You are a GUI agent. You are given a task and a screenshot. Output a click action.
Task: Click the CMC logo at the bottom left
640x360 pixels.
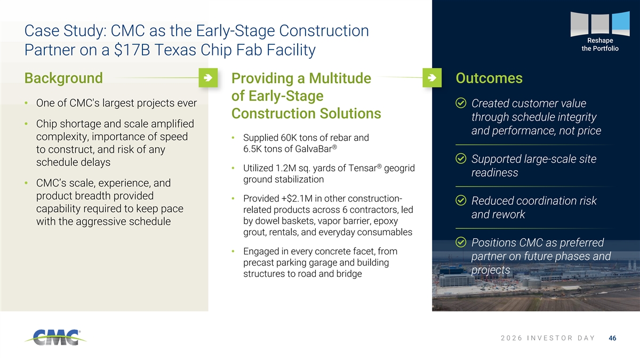(x=55, y=338)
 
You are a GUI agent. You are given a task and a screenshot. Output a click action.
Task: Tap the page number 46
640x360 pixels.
(x=612, y=338)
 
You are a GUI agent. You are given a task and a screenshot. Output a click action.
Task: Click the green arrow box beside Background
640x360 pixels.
(x=208, y=78)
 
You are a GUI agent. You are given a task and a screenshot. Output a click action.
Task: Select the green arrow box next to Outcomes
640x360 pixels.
(x=432, y=78)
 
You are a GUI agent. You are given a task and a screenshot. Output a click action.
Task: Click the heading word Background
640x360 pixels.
(x=63, y=78)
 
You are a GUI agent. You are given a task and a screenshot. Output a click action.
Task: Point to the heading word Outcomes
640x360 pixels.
(x=489, y=78)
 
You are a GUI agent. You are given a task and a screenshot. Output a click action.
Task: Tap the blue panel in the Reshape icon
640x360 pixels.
(x=621, y=23)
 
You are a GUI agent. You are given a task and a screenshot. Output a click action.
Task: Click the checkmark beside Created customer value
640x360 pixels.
(x=461, y=103)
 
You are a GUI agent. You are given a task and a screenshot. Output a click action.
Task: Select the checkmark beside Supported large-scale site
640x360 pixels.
(x=461, y=158)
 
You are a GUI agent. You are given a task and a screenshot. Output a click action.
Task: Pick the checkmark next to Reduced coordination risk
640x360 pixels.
(x=461, y=201)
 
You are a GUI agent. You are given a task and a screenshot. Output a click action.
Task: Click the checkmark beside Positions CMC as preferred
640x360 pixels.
(x=461, y=242)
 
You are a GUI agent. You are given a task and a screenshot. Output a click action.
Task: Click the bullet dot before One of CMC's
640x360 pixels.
(x=26, y=103)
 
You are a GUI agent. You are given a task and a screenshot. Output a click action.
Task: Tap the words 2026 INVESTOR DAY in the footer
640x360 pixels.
(x=548, y=338)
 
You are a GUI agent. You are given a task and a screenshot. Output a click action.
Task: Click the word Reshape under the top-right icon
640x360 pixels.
(x=600, y=41)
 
